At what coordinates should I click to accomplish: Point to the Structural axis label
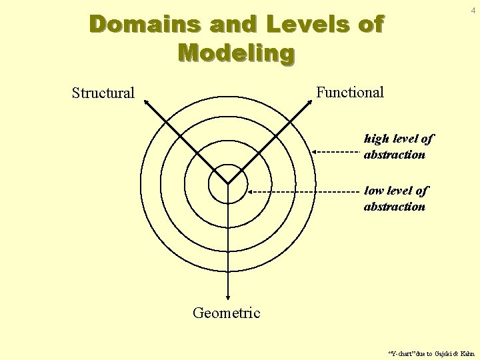pyautogui.click(x=103, y=93)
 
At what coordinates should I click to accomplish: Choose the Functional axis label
pyautogui.click(x=350, y=92)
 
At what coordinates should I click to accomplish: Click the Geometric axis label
pyautogui.click(x=227, y=312)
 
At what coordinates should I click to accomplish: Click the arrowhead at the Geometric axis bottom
pyautogui.click(x=228, y=298)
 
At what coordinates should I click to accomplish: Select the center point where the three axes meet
pyautogui.click(x=228, y=183)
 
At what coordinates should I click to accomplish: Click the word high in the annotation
pyautogui.click(x=377, y=139)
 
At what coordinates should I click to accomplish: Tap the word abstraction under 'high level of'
pyautogui.click(x=394, y=155)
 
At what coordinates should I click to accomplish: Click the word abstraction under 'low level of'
pyautogui.click(x=394, y=207)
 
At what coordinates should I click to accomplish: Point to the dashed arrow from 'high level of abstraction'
pyautogui.click(x=336, y=152)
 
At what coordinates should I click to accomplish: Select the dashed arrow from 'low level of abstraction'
pyautogui.click(x=303, y=191)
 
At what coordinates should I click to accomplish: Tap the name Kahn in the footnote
pyautogui.click(x=467, y=353)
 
